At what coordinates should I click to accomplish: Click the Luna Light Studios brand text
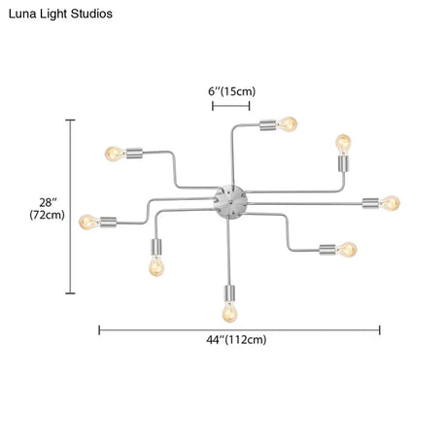[60, 14]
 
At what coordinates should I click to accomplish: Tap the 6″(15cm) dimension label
[231, 91]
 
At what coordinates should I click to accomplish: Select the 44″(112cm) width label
[236, 340]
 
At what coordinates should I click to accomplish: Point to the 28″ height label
[48, 203]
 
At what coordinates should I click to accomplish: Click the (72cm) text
[47, 215]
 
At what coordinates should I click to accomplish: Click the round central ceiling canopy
[231, 202]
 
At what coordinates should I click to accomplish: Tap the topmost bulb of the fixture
[288, 124]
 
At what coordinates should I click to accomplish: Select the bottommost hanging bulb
[229, 312]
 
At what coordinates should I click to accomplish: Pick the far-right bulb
[390, 203]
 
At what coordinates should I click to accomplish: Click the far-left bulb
[89, 223]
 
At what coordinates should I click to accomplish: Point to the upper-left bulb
[116, 154]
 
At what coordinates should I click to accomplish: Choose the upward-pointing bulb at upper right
[343, 145]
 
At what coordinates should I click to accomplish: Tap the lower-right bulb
[347, 250]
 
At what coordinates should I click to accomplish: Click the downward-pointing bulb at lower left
[156, 266]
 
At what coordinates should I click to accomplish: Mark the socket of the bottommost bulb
[229, 293]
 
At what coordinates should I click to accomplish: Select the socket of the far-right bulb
[370, 203]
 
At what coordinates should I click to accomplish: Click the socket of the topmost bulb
[268, 125]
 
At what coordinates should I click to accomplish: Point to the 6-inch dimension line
[231, 106]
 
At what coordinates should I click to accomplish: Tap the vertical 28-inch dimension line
[70, 207]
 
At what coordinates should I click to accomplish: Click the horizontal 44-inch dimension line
[239, 330]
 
